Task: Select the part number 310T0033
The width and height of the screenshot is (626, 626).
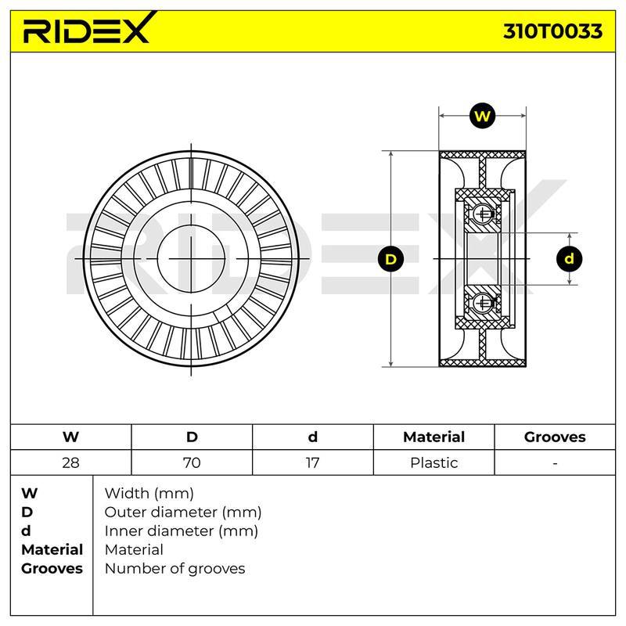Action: [552, 31]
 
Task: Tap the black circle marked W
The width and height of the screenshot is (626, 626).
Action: [482, 116]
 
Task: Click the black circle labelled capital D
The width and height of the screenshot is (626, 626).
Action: [390, 259]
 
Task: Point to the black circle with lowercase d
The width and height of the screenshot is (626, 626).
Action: [569, 259]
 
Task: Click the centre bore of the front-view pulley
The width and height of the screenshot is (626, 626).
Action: [191, 259]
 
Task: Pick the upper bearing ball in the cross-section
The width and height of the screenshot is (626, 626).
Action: [482, 214]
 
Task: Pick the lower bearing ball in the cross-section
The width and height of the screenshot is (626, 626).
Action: [482, 304]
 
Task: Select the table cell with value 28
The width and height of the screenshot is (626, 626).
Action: [70, 462]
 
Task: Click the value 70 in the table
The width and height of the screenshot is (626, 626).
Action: [192, 462]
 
